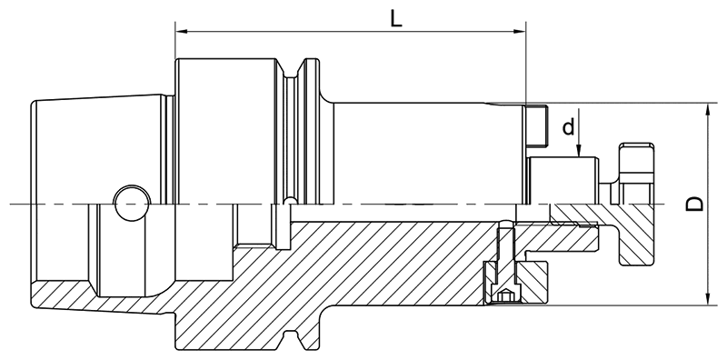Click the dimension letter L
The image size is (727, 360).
click(396, 18)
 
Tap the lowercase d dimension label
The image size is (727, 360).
click(568, 127)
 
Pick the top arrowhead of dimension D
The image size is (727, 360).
click(708, 107)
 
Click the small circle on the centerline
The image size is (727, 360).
click(129, 203)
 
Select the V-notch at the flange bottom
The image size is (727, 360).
click(294, 342)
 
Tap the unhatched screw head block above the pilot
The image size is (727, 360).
click(538, 126)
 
